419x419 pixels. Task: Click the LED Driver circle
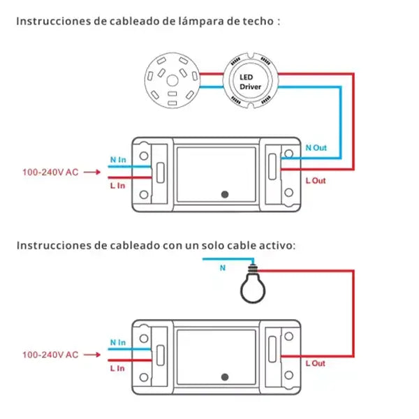coord(249,81)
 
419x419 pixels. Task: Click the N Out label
coord(316,148)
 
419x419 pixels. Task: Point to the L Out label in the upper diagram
coord(316,181)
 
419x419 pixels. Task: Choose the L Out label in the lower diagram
coord(315,363)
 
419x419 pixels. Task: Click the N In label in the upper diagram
coord(118,160)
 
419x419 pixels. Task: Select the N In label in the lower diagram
coord(118,342)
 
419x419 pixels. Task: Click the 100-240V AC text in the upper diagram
coord(50,172)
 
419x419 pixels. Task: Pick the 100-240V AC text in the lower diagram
coord(50,355)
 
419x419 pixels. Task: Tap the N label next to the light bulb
coord(223,267)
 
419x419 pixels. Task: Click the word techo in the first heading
coord(256,21)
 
